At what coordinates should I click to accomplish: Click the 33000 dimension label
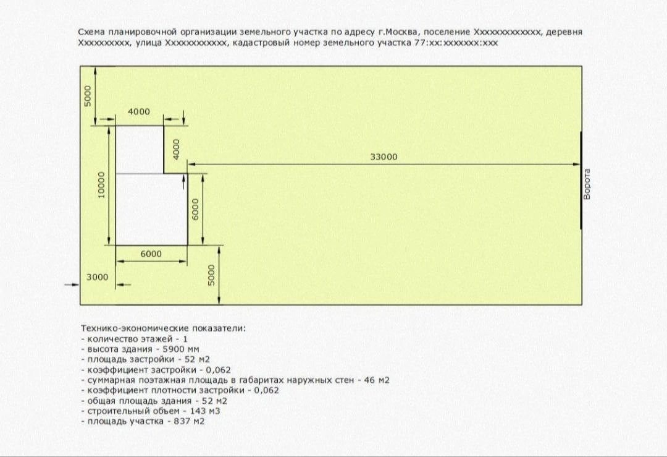click(x=384, y=157)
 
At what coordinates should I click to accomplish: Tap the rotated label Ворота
click(x=587, y=184)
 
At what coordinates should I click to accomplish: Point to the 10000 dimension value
click(x=101, y=185)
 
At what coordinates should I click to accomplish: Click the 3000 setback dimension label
click(x=96, y=277)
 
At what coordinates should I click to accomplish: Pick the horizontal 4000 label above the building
click(x=138, y=112)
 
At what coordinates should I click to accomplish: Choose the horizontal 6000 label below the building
click(x=151, y=254)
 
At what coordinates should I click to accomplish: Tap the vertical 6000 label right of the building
click(x=195, y=210)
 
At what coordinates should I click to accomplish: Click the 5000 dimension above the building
click(x=88, y=95)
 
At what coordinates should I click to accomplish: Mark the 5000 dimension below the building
click(x=211, y=275)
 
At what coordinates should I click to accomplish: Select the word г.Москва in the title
click(x=397, y=32)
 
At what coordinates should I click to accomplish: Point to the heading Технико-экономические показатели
click(x=163, y=328)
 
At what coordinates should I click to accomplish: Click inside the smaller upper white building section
click(x=140, y=150)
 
